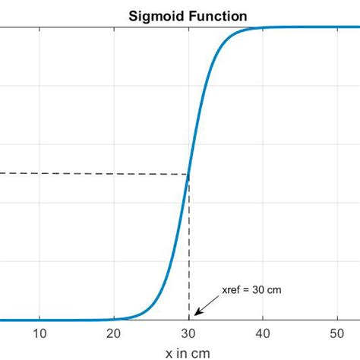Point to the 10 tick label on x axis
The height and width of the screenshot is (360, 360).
(40, 333)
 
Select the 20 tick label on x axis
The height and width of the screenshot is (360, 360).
(115, 333)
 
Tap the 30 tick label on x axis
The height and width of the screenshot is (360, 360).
(189, 333)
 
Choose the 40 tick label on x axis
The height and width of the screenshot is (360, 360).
(263, 333)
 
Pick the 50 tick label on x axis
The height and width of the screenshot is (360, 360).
(337, 333)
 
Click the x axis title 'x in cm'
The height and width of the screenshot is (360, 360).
(188, 352)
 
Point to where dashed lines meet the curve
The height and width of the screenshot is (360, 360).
(188, 174)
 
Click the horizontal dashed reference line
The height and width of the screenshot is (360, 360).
(91, 174)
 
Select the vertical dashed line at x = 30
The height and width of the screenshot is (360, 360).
(189, 251)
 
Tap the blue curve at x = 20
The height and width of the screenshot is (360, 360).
(115, 319)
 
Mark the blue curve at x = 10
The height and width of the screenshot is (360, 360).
(40, 320)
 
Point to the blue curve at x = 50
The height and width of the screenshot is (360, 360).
(337, 27)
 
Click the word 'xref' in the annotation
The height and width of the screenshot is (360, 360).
(231, 289)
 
